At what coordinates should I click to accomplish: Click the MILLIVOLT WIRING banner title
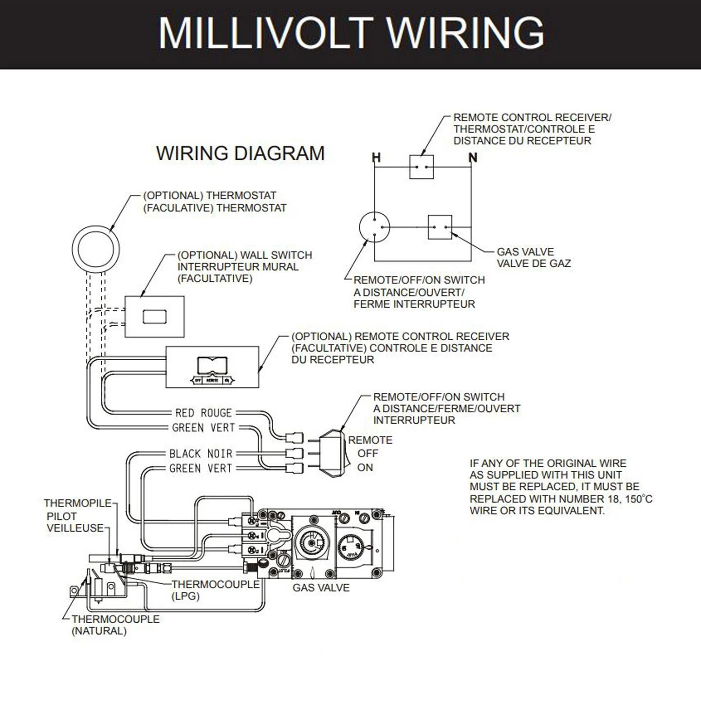click(350, 33)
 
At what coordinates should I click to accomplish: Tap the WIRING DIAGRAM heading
click(240, 153)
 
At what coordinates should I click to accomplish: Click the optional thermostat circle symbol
click(96, 249)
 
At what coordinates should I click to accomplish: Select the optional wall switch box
click(154, 316)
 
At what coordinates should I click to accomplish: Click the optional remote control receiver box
click(212, 367)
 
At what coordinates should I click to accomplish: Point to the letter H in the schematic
click(376, 158)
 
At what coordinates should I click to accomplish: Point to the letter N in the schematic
click(473, 158)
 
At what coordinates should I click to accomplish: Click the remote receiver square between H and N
click(421, 167)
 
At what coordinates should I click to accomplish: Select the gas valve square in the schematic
click(440, 227)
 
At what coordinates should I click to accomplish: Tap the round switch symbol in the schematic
click(374, 227)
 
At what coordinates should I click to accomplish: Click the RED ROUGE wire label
click(203, 413)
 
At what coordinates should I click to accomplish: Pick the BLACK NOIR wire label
click(201, 454)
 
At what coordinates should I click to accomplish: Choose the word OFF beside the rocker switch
click(368, 454)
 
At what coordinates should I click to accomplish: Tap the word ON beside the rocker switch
click(365, 467)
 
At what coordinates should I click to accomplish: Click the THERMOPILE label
click(78, 503)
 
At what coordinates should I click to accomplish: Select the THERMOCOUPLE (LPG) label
click(215, 589)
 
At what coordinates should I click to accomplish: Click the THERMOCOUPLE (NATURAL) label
click(115, 625)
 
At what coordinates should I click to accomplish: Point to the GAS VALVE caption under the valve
click(321, 588)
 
